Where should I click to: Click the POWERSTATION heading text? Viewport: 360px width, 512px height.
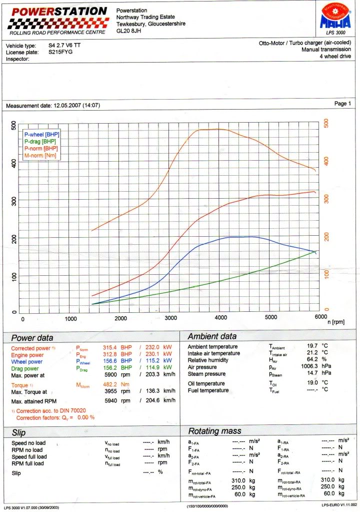pyautogui.click(x=59, y=12)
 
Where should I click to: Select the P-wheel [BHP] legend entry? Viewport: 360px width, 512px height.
pyautogui.click(x=41, y=135)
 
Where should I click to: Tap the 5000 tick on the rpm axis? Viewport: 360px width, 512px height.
pyautogui.click(x=270, y=318)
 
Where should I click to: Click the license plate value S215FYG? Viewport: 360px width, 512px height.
pyautogui.click(x=60, y=52)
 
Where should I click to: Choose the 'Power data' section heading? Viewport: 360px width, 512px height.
pyautogui.click(x=32, y=338)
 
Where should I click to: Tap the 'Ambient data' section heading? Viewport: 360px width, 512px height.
pyautogui.click(x=212, y=336)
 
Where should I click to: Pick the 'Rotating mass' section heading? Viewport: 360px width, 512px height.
pyautogui.click(x=214, y=431)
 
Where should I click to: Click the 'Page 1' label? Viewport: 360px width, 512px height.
pyautogui.click(x=342, y=104)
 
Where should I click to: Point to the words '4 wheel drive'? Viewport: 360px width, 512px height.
pyautogui.click(x=334, y=57)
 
